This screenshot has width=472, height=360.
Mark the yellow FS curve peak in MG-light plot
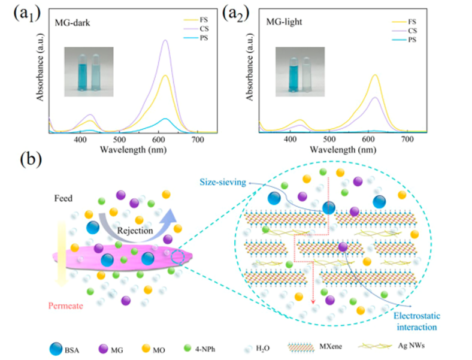pyautogui.click(x=375, y=75)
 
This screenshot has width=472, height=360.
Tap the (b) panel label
pyautogui.click(x=32, y=161)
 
